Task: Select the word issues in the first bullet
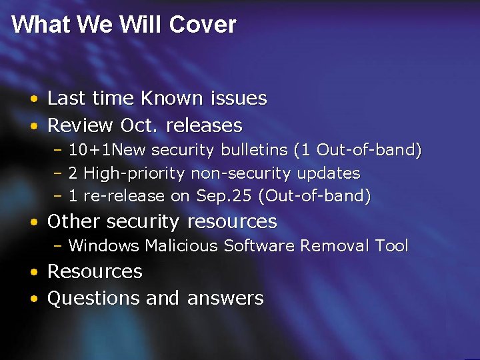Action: (x=238, y=99)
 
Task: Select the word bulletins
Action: (x=257, y=150)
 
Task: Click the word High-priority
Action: (x=135, y=173)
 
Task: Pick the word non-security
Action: (x=241, y=173)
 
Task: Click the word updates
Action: (x=328, y=173)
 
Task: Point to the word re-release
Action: (x=125, y=196)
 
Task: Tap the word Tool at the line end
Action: (x=391, y=246)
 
